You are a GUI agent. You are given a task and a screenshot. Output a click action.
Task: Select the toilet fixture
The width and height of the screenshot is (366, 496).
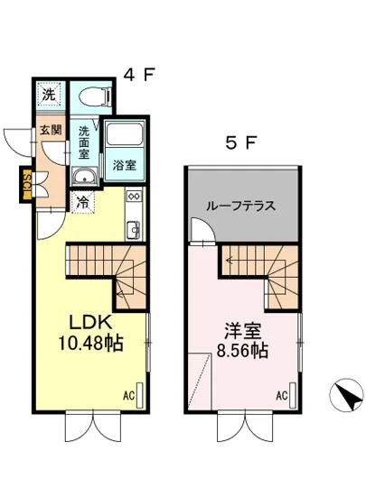coord(93,95)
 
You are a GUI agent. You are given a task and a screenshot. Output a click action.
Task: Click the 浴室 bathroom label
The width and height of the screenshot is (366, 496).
coord(123,166)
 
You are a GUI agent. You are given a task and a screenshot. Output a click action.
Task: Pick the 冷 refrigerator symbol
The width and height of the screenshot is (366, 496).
coord(83,201)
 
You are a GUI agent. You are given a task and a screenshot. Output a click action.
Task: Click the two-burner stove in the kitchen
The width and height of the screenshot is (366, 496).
coord(133,197)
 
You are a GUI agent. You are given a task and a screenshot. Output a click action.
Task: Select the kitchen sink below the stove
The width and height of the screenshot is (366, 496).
coord(133,229)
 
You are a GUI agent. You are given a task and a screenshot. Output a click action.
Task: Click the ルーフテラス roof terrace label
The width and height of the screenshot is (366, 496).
coord(243,205)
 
